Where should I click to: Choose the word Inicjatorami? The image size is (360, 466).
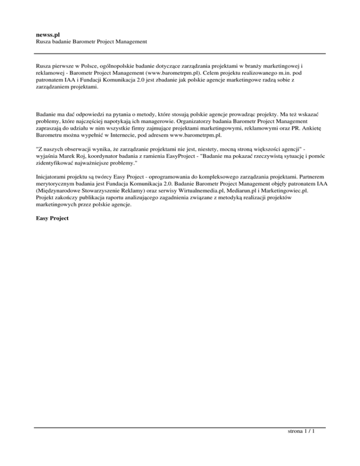point(54,178)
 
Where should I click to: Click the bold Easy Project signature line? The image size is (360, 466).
point(52,218)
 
